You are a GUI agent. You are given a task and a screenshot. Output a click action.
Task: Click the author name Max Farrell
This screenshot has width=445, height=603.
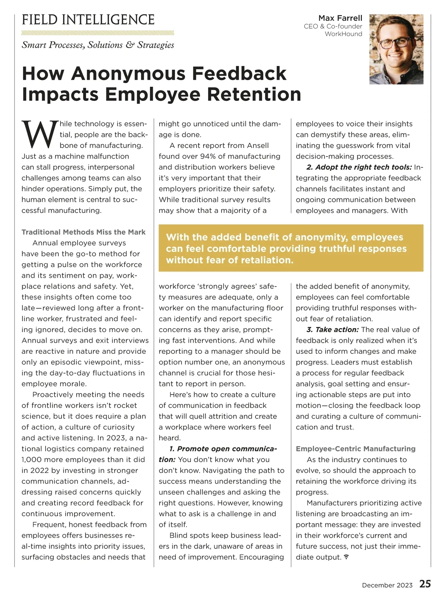(340, 18)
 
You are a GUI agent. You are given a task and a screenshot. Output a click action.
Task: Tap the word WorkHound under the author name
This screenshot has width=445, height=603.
(343, 34)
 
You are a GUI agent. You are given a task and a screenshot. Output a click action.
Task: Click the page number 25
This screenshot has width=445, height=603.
(425, 584)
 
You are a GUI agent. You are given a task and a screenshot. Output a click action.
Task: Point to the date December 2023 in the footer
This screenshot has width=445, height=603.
(387, 585)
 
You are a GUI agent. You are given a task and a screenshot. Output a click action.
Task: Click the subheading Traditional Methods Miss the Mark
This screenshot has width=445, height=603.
(83, 232)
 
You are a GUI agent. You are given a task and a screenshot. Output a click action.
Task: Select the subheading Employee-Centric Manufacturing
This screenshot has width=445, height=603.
(355, 449)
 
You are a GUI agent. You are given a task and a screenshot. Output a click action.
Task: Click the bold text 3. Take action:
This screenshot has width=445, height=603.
(332, 330)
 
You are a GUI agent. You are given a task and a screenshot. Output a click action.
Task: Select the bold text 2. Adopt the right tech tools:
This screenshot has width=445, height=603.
(359, 167)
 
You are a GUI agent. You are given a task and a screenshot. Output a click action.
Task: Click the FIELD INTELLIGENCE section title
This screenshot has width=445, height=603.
(88, 20)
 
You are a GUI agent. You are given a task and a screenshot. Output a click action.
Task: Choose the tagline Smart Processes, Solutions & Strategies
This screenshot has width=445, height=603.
(98, 45)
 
